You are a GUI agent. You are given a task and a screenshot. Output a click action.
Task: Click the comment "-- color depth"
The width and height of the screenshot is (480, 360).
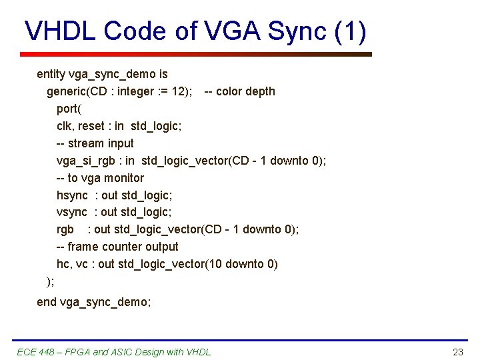239,91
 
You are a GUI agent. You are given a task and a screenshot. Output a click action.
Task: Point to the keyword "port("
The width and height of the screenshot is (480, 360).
69,109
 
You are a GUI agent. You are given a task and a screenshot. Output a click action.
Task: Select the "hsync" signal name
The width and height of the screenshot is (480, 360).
72,195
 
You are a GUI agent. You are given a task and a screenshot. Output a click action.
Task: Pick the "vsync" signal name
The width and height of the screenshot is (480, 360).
72,213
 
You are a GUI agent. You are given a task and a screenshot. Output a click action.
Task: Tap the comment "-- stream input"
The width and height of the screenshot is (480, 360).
95,143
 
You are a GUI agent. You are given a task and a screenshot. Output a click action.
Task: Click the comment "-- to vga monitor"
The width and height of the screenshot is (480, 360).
100,178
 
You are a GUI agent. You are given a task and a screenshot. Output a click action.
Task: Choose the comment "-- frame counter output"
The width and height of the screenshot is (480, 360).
117,247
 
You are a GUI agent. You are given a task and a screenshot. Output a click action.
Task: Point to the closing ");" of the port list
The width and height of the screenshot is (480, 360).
50,281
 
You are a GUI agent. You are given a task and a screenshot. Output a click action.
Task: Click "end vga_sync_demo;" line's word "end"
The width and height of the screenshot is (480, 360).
47,302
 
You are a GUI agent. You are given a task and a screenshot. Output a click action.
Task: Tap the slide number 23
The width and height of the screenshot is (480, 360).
457,352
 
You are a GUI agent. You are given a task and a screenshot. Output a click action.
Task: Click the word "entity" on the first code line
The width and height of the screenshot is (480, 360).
51,74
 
